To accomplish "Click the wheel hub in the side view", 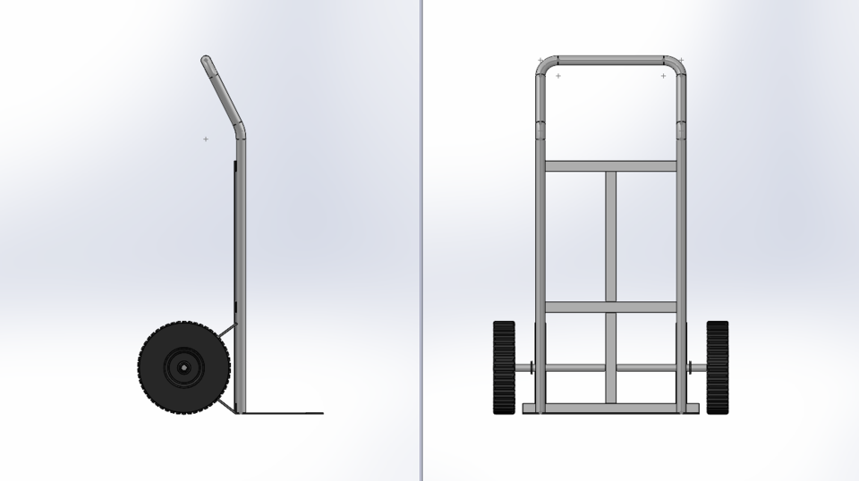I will [x=183, y=367].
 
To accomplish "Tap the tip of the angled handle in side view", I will [x=206, y=61].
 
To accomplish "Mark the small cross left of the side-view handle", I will [x=206, y=139].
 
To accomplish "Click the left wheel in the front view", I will [x=505, y=367].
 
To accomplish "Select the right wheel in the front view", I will [x=718, y=367].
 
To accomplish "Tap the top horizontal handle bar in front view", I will [x=611, y=61].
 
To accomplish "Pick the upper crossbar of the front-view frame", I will [x=611, y=166].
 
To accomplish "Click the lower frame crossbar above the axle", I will [x=611, y=307].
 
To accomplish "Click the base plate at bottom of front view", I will [x=611, y=409].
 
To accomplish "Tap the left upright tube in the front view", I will [x=541, y=232].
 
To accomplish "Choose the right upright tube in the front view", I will [x=681, y=232].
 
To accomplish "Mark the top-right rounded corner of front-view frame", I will [x=677, y=64].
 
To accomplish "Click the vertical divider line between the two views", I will [x=421, y=240].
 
